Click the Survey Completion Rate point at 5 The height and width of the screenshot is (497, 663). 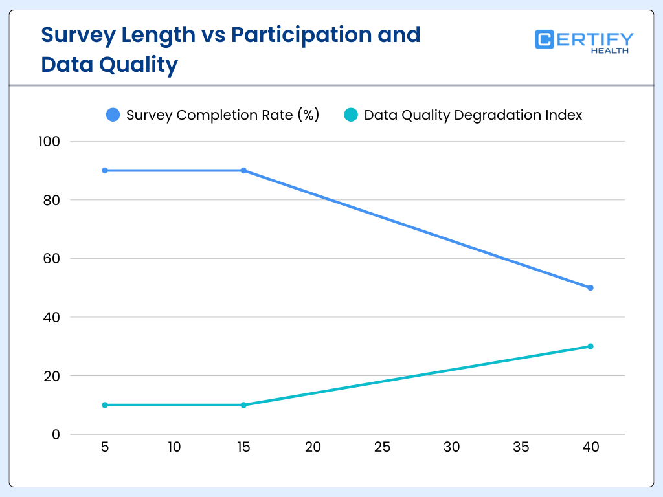[x=105, y=170]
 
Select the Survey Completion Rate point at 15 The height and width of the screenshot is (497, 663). [x=243, y=170]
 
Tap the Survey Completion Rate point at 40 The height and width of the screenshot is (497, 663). [x=590, y=287]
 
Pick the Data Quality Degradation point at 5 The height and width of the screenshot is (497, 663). [x=105, y=405]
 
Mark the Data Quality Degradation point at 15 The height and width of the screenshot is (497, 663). [x=243, y=405]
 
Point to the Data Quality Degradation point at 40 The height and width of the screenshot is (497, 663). [x=590, y=346]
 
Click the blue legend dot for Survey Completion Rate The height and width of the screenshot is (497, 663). [x=113, y=115]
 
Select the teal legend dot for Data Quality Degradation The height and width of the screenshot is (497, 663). [x=351, y=115]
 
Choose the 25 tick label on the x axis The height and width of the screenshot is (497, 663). [x=382, y=447]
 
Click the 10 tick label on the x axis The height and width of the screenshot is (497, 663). [x=174, y=447]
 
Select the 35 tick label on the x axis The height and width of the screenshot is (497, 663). [x=521, y=447]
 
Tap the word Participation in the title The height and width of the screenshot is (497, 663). [x=302, y=34]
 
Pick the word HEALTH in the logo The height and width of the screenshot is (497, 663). [x=609, y=50]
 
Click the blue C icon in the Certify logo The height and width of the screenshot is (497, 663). [x=545, y=39]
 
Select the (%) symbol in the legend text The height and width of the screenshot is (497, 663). [x=308, y=115]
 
